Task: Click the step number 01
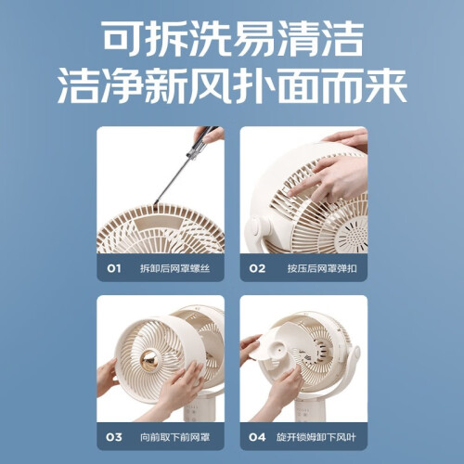(113, 268)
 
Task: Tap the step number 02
(257, 268)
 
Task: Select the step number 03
(114, 437)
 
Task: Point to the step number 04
(257, 437)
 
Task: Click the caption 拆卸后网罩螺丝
(174, 268)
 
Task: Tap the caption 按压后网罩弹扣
(322, 268)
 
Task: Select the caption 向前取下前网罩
(174, 437)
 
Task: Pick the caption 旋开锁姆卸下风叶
(316, 437)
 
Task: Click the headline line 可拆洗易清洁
(233, 39)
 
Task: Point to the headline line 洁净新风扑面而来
(232, 85)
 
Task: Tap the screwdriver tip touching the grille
(156, 202)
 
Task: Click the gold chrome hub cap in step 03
(150, 360)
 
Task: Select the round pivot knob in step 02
(256, 227)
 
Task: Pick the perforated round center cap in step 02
(353, 234)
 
